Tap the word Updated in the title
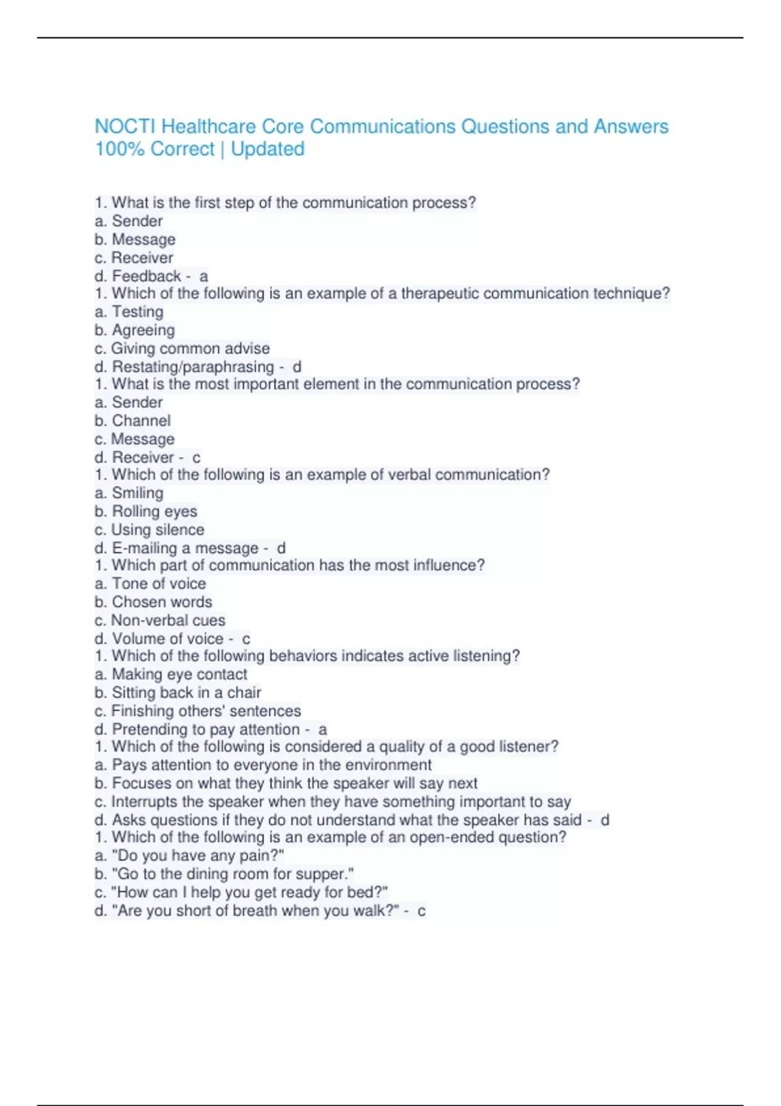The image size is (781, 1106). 267,149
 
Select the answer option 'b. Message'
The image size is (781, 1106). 135,239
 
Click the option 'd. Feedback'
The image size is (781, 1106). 138,276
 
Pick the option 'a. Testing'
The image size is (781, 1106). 129,312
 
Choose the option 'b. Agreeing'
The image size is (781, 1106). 135,330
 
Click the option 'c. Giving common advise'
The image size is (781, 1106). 182,348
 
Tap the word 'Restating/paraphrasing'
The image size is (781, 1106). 193,367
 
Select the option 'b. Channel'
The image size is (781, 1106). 133,421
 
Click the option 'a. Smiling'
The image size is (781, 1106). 129,493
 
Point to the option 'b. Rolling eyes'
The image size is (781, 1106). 146,511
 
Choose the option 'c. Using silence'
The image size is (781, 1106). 149,530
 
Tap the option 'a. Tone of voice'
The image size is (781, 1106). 150,584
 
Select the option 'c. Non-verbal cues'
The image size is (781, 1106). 159,620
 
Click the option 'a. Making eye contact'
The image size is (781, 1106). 171,674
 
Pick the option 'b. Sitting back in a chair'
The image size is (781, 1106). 178,692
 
